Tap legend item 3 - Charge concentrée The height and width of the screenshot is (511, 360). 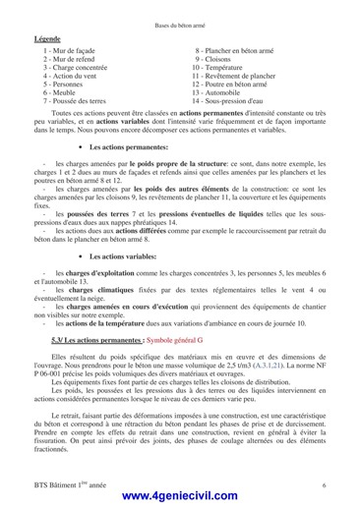(x=76, y=67)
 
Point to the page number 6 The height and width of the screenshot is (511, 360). (x=324, y=485)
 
